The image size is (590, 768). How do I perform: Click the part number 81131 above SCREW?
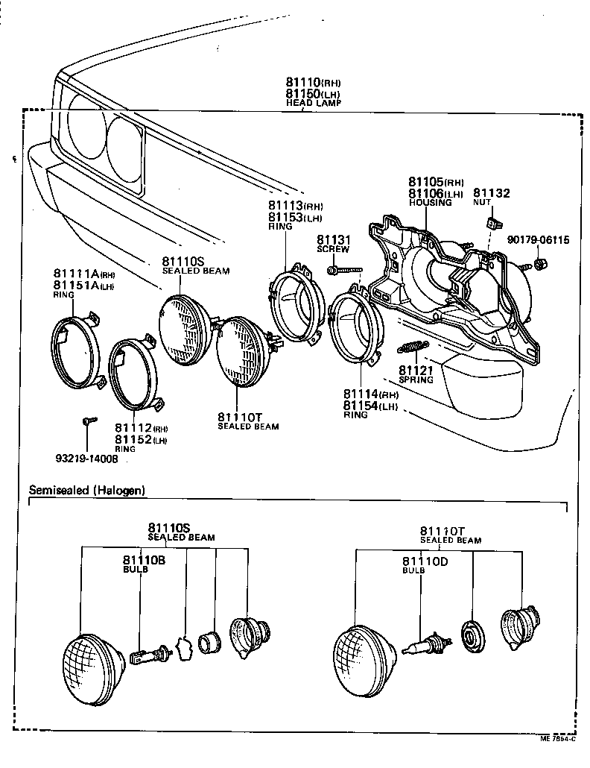[x=333, y=239]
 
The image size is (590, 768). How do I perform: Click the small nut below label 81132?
[x=492, y=222]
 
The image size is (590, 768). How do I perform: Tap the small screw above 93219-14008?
[x=88, y=421]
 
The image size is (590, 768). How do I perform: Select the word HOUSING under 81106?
[x=430, y=203]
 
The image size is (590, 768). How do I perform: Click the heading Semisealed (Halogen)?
[x=86, y=490]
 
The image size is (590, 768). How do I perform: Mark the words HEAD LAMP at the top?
[x=314, y=103]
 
